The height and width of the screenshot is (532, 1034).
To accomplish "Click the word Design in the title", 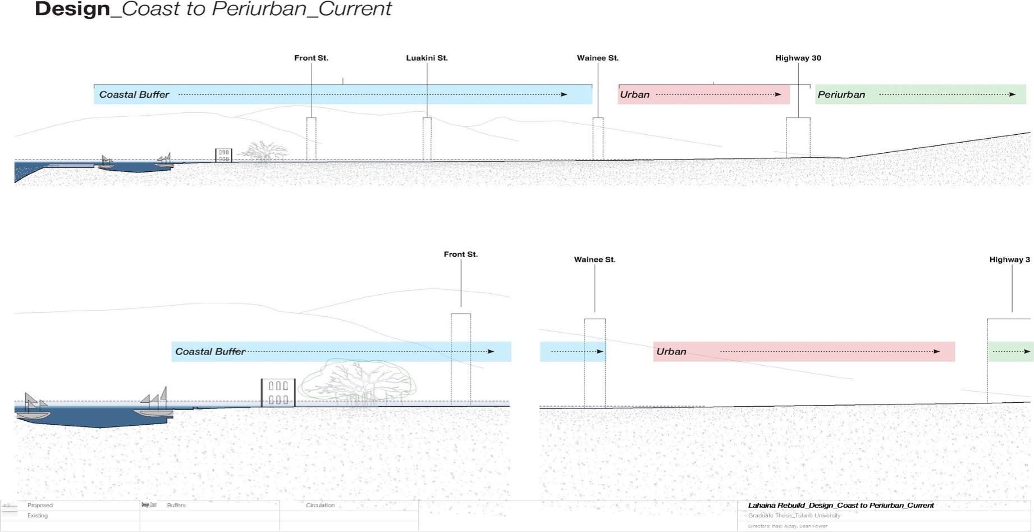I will tap(72, 10).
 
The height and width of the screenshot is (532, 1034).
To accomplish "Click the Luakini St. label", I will tap(427, 58).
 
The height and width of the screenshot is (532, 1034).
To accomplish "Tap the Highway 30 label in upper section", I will tap(798, 58).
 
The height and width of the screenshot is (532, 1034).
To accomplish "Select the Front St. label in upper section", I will tap(311, 58).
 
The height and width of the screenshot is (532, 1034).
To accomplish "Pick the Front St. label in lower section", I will tap(460, 254).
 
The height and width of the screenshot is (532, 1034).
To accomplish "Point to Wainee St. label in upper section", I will tap(597, 58).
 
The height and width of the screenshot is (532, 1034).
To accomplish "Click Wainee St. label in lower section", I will tap(594, 260).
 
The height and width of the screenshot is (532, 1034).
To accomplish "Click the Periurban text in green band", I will tap(841, 95).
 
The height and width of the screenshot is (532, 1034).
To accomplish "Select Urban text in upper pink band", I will tap(634, 95).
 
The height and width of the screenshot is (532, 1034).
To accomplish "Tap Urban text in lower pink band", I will tap(671, 352).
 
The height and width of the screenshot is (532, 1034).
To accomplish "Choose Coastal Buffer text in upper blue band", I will tap(134, 95).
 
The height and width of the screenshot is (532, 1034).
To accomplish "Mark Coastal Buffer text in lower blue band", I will tap(210, 352).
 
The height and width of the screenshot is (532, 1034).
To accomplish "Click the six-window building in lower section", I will tap(278, 393).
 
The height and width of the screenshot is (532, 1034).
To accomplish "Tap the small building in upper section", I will tap(223, 156).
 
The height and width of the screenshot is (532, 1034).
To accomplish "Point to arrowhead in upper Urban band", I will tap(778, 94).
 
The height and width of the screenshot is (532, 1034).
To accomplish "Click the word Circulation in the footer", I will tap(320, 506).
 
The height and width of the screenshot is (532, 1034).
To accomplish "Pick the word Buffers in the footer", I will tap(176, 506).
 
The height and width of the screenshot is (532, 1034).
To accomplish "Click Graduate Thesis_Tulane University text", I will tap(794, 516).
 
